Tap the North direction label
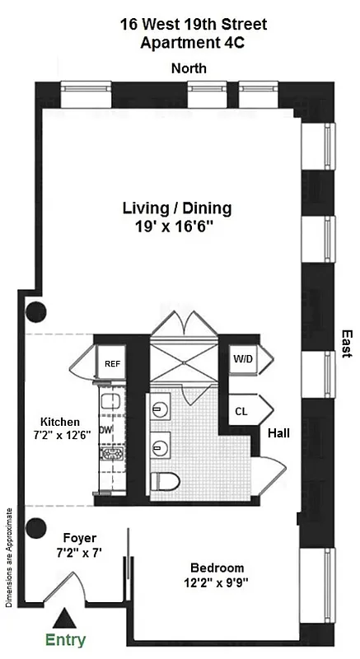click(x=188, y=69)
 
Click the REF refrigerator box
click(x=111, y=362)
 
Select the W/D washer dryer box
click(x=242, y=360)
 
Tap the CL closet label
click(x=242, y=409)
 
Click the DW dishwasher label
click(x=105, y=428)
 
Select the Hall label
click(x=278, y=432)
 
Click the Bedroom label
click(x=217, y=568)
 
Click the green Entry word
click(x=66, y=639)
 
